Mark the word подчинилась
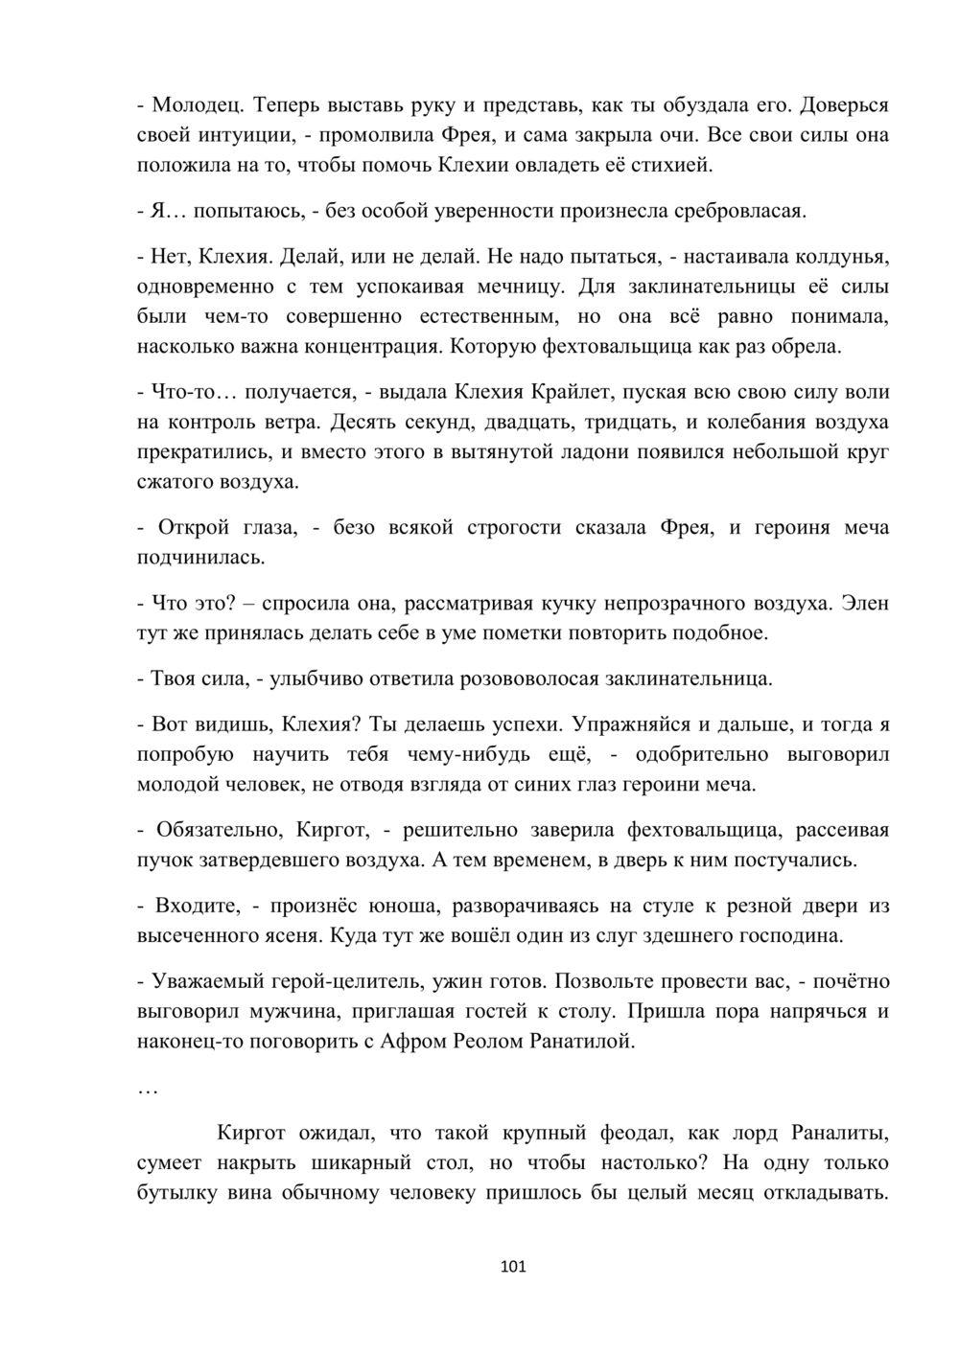click(x=199, y=557)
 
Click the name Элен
click(x=865, y=603)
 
